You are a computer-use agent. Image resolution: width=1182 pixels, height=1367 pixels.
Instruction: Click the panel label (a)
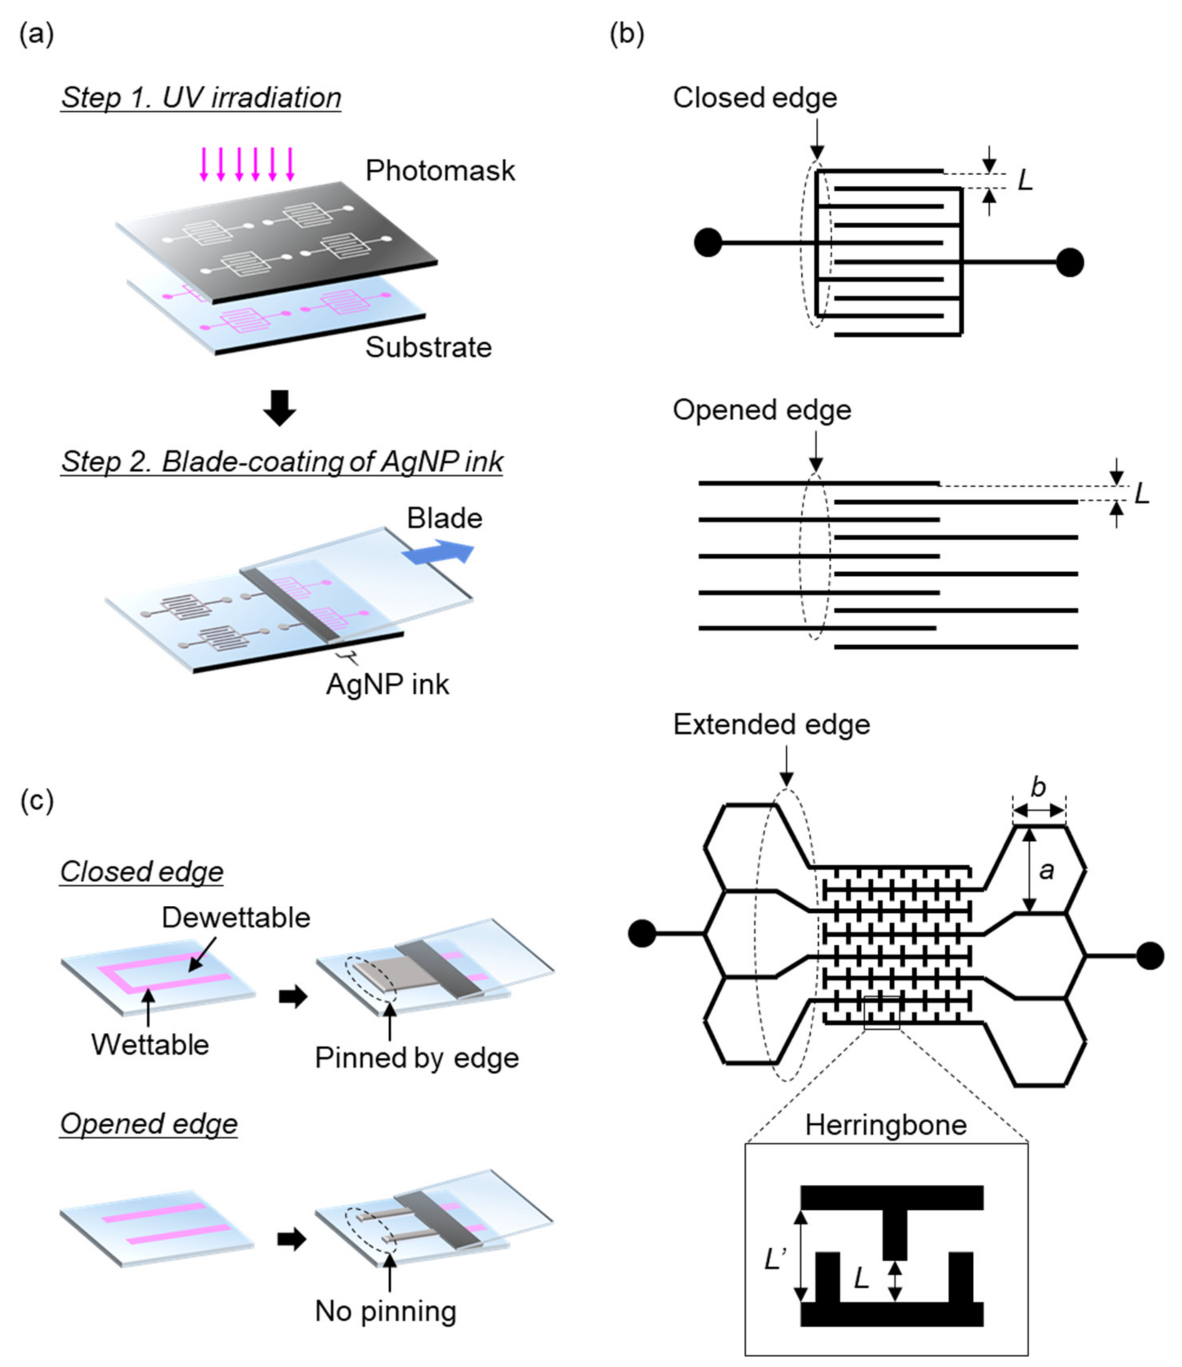(x=36, y=34)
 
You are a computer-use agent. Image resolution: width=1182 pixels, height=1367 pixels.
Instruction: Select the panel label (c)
(x=36, y=800)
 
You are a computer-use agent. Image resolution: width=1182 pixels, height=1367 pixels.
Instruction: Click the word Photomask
(x=440, y=171)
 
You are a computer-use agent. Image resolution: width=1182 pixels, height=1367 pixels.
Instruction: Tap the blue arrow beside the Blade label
(x=439, y=553)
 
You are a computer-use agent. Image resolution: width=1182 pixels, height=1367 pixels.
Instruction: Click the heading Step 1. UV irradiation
(x=201, y=98)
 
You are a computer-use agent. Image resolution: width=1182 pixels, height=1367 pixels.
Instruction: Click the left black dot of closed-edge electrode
(x=708, y=243)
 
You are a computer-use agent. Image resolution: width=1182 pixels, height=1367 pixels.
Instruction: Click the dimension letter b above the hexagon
(x=1038, y=787)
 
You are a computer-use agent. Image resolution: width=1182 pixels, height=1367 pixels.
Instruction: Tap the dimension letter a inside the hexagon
(x=1046, y=871)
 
